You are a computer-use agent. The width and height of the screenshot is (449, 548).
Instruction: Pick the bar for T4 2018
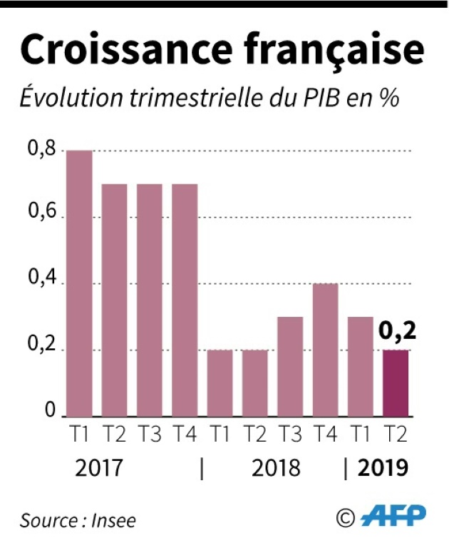[324, 350]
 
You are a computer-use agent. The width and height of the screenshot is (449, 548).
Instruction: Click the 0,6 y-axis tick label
[41, 217]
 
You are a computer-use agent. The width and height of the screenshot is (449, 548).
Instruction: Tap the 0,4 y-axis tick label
[41, 283]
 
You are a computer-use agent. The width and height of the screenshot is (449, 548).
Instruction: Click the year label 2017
[99, 468]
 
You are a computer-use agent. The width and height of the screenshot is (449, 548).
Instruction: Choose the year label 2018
[276, 468]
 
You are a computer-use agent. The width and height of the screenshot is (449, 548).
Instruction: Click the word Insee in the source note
[113, 520]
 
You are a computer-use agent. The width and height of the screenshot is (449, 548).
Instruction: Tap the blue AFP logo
[393, 516]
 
